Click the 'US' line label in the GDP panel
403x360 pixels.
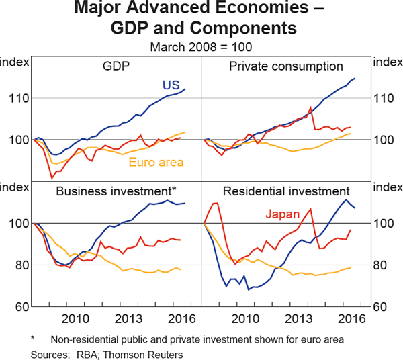pyautogui.click(x=170, y=85)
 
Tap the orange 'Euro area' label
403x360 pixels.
pyautogui.click(x=155, y=162)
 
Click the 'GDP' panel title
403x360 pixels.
pyautogui.click(x=116, y=66)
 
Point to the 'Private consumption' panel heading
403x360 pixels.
pyautogui.click(x=286, y=66)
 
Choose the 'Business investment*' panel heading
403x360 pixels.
pyautogui.click(x=116, y=191)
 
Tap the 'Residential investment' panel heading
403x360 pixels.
pyautogui.click(x=286, y=191)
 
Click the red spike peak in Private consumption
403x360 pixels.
pyautogui.click(x=310, y=107)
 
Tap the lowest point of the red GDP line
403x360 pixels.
pyautogui.click(x=52, y=178)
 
